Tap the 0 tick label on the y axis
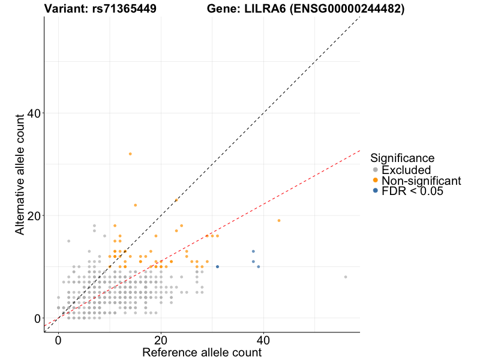click(37, 318)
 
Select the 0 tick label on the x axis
click(58, 340)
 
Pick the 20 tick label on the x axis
click(161, 340)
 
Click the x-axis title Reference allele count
click(202, 352)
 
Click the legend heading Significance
click(403, 158)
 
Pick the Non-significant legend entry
click(421, 181)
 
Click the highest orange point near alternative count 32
click(130, 154)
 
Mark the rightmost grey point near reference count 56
click(346, 277)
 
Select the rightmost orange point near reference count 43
click(279, 220)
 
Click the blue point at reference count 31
click(217, 266)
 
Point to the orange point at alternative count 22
click(135, 205)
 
